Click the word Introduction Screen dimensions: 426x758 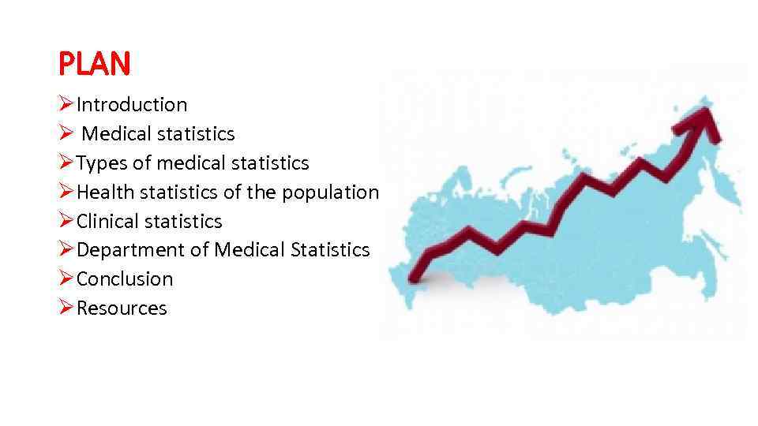tap(132, 105)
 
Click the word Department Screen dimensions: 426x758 tap(132, 250)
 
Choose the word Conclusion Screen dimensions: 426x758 tap(125, 279)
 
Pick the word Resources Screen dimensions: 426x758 tap(122, 308)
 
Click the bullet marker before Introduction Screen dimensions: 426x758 tap(66, 105)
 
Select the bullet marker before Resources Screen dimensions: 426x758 tap(66, 308)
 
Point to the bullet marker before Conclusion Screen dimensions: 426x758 tap(66, 279)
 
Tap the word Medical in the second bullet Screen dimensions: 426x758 tap(116, 134)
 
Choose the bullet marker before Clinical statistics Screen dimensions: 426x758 tap(66, 222)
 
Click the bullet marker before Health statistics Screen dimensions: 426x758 tap(66, 192)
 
